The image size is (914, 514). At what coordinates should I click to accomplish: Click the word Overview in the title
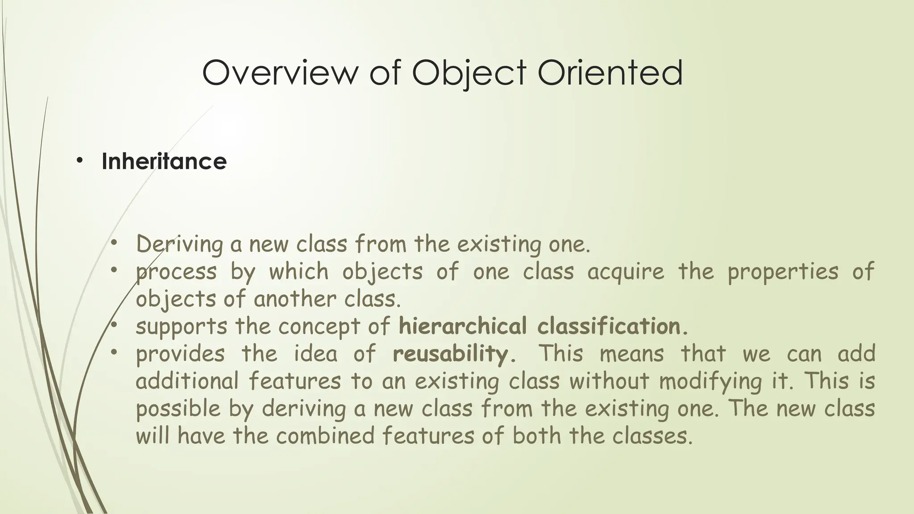pos(279,73)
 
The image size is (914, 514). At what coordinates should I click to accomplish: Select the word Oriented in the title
pos(610,73)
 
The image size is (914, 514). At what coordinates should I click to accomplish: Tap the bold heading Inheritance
pos(164,161)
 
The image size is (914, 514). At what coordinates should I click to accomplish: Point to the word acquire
pos(626,272)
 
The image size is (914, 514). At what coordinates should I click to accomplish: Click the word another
pos(294,298)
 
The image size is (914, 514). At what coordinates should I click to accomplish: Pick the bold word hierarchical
pos(462,326)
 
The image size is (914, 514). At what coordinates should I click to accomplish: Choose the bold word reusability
pos(450,354)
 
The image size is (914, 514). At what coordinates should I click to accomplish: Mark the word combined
pos(325,435)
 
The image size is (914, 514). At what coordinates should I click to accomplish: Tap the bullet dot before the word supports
pos(114,325)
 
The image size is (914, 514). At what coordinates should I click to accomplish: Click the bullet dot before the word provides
pos(114,353)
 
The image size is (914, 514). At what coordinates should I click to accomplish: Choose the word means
pos(631,354)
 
